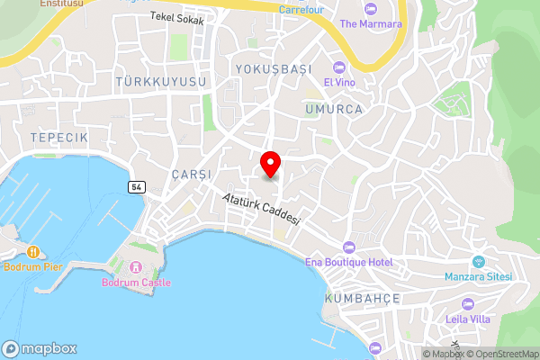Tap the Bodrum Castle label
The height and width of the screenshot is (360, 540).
click(x=136, y=283)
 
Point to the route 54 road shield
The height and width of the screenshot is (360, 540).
click(x=136, y=186)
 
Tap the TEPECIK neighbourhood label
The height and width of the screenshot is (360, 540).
click(x=58, y=137)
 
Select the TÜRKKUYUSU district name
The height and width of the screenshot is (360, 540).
click(x=161, y=82)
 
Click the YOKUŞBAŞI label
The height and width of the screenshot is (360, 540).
click(x=272, y=69)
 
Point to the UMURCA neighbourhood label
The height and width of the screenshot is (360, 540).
click(x=333, y=109)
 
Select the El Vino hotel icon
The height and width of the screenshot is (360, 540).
click(x=338, y=67)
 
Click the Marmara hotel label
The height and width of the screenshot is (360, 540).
click(x=371, y=24)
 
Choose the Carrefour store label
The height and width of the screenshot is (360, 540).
click(x=301, y=10)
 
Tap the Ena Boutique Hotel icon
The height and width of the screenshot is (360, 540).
click(x=349, y=247)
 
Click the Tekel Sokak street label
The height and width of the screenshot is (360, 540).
click(x=176, y=18)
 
